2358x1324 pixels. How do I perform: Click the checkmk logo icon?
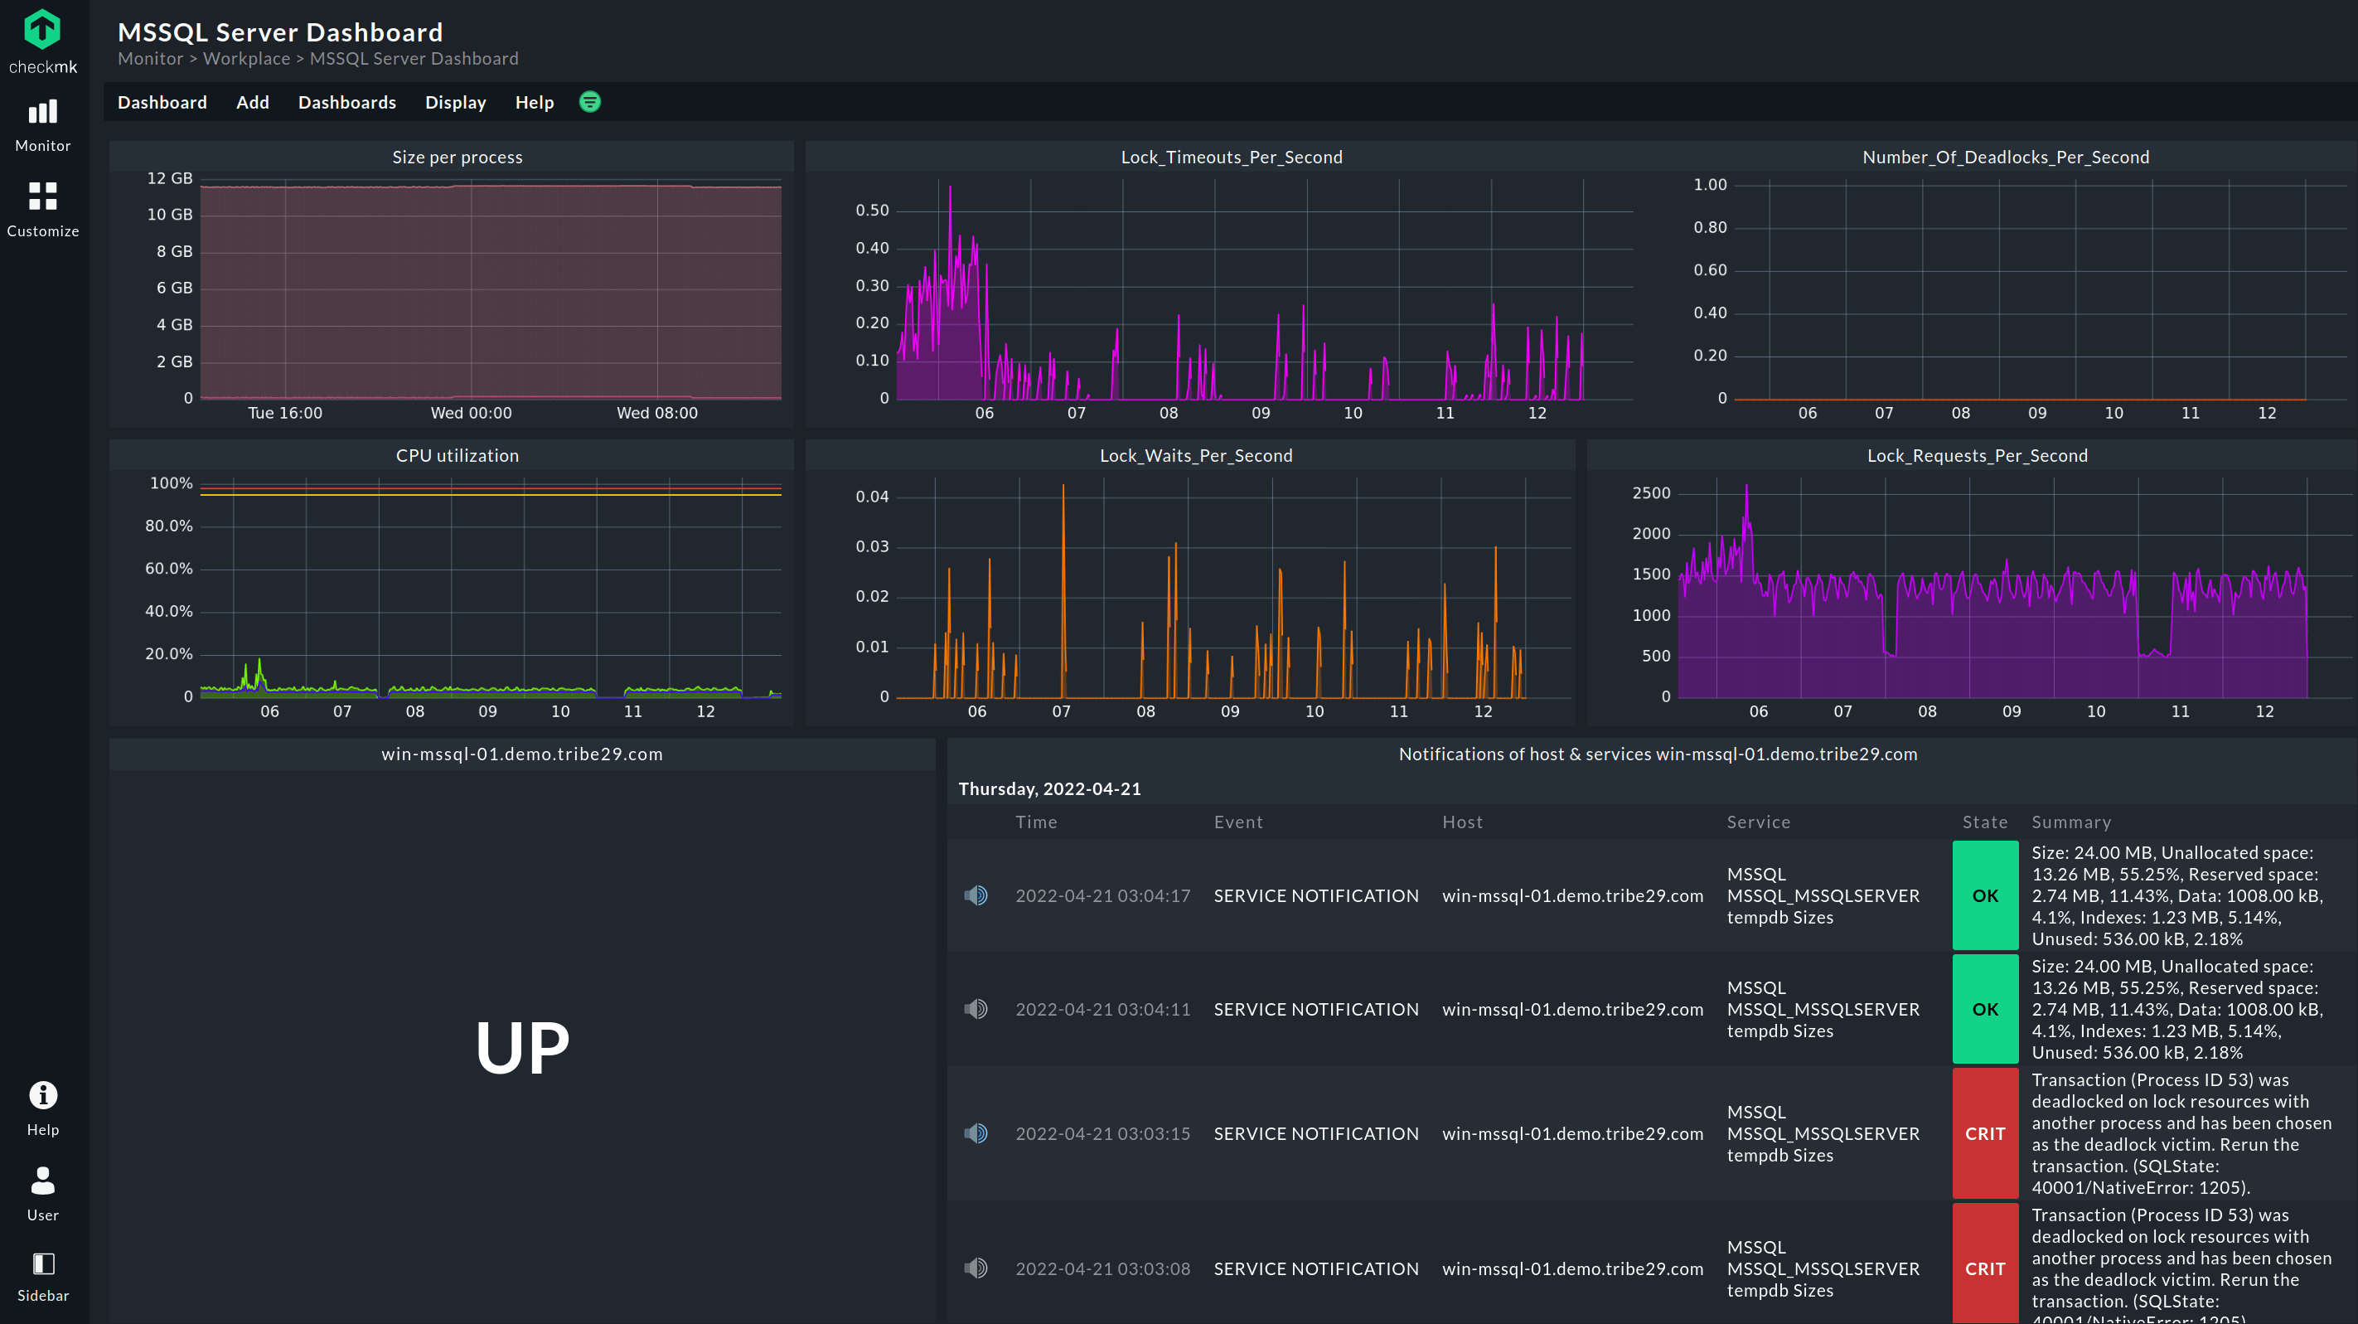(x=42, y=29)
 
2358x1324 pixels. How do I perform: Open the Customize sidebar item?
(x=42, y=209)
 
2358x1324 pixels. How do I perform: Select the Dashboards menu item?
(x=347, y=103)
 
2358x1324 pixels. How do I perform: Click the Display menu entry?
(x=455, y=103)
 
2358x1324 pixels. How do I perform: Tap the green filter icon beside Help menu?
(x=590, y=102)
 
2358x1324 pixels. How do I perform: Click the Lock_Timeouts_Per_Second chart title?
(x=1231, y=157)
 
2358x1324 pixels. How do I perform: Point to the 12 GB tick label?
(x=169, y=177)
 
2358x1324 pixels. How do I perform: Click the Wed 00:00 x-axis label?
(x=472, y=413)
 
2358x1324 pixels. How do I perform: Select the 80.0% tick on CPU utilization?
(x=168, y=526)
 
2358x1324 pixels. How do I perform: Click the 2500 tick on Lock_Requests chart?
(x=1651, y=492)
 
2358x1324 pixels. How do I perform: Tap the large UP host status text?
(x=522, y=1047)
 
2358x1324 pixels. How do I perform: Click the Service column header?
(x=1759, y=822)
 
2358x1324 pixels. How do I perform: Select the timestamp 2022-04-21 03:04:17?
(x=1102, y=895)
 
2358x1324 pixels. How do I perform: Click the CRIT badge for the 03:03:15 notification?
(x=1984, y=1133)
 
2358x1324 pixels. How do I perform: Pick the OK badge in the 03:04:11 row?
(x=1984, y=1009)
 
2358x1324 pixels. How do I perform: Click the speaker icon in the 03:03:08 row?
(x=976, y=1268)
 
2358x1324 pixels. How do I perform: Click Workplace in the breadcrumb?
(x=246, y=59)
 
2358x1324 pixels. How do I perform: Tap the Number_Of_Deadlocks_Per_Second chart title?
(x=2006, y=157)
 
